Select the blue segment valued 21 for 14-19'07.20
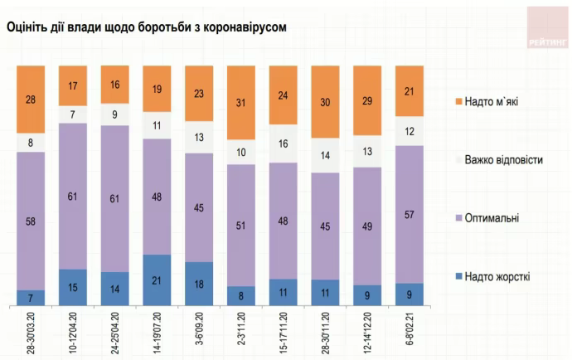pos(158,280)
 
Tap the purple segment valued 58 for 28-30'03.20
pos(31,221)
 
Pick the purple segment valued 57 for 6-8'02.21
pos(410,214)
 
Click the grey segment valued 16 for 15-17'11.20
pos(284,144)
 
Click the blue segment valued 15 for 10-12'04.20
pos(73,288)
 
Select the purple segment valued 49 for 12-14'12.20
pos(368,226)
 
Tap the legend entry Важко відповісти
pos(503,159)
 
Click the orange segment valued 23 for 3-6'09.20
pos(200,94)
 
